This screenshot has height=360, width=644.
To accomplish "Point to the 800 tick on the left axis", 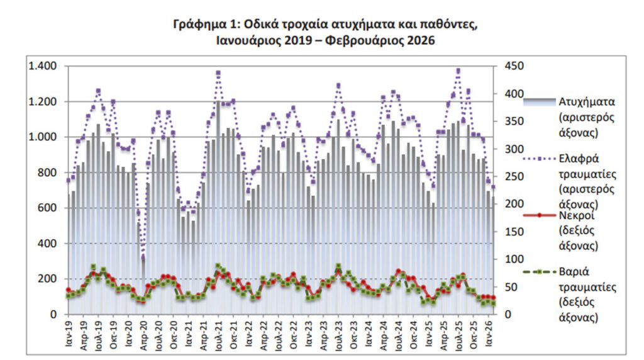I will click(48, 172).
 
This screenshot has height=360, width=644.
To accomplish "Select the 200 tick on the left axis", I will click(48, 279).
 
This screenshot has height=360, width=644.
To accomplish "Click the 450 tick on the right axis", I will click(513, 66).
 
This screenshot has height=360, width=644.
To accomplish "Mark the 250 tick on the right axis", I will click(513, 177).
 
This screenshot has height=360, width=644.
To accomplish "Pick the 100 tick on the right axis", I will click(513, 259).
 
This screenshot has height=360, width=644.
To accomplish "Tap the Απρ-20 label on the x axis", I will click(143, 334).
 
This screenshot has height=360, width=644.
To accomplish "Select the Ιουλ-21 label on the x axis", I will click(218, 335).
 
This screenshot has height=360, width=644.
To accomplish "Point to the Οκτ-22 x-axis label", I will click(293, 334).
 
